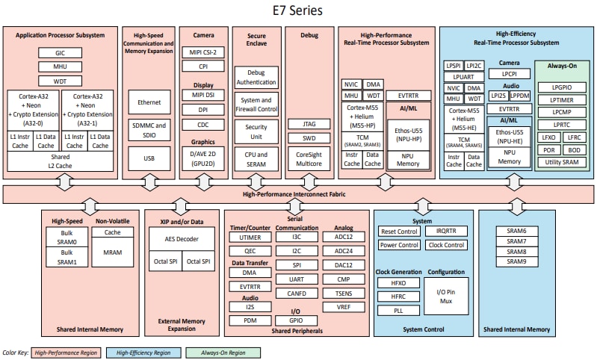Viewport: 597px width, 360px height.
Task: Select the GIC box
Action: click(60, 53)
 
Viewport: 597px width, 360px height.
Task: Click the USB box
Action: click(149, 158)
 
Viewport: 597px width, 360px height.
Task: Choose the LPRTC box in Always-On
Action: click(561, 125)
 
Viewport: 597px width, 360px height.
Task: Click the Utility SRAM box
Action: click(561, 161)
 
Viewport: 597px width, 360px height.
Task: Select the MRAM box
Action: click(112, 253)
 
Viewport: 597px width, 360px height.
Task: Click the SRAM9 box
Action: click(516, 261)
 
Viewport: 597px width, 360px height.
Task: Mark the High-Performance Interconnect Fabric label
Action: click(297, 194)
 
